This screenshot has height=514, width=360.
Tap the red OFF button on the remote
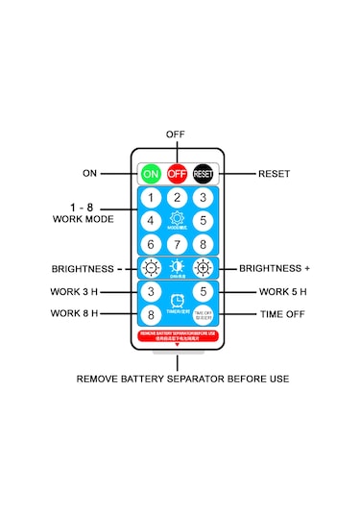click(177, 173)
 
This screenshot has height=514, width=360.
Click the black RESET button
click(204, 173)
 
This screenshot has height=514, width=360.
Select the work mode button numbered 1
click(151, 199)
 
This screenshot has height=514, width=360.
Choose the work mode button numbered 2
click(177, 198)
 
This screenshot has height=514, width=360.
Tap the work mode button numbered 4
click(151, 220)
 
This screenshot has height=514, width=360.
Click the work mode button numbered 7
click(177, 243)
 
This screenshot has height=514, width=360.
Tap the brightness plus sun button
click(203, 268)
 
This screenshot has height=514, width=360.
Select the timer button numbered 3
click(151, 291)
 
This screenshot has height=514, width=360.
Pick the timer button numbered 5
click(203, 291)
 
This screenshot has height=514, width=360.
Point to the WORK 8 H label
click(75, 313)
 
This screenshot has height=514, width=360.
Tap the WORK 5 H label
click(283, 291)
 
